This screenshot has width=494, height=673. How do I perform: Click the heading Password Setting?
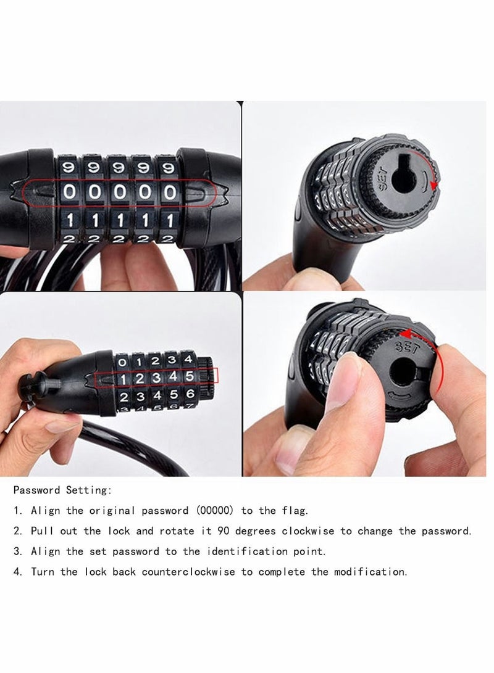pyautogui.click(x=62, y=490)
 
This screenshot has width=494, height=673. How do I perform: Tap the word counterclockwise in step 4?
pyautogui.click(x=189, y=572)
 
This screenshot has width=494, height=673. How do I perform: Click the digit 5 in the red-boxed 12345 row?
pyautogui.click(x=189, y=376)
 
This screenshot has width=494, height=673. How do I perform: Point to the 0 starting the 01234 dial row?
pyautogui.click(x=122, y=361)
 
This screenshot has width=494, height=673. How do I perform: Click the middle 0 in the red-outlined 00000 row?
pyautogui.click(x=120, y=192)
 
